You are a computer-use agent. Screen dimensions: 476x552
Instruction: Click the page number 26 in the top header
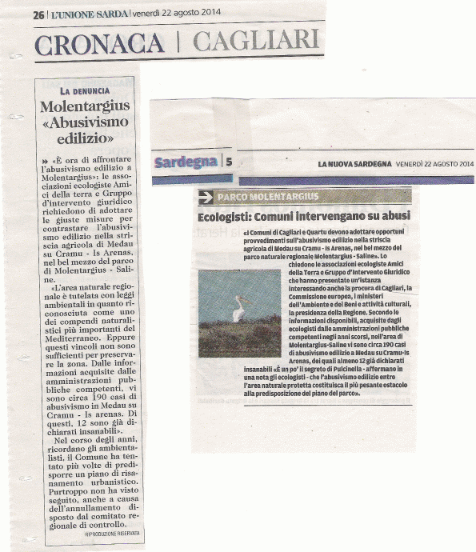(38, 15)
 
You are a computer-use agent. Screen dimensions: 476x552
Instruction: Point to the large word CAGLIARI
(255, 38)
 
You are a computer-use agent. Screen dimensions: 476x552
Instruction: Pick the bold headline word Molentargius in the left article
(86, 108)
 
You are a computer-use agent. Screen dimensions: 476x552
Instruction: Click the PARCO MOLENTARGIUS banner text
(268, 197)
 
